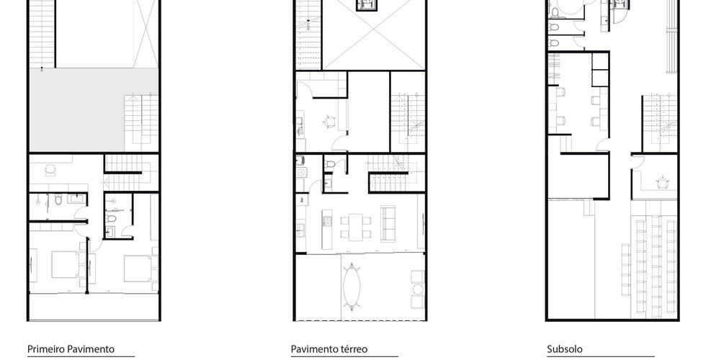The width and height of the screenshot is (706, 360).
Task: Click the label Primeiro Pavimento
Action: (x=71, y=349)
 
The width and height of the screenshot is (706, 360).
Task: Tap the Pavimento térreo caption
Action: (x=329, y=349)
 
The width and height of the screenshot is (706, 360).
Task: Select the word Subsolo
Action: (x=565, y=349)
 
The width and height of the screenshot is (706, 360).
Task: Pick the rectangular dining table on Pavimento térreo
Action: (x=356, y=226)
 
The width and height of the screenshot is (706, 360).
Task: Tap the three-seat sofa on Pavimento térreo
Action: (x=388, y=223)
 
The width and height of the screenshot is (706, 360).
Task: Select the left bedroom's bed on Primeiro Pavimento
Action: (x=68, y=265)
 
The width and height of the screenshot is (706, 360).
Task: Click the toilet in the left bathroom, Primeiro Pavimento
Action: (x=58, y=199)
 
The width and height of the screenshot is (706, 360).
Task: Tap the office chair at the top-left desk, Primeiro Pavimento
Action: (x=50, y=169)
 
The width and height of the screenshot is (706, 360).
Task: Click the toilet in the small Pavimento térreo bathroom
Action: (x=330, y=164)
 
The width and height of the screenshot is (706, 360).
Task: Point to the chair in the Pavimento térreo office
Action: (x=331, y=120)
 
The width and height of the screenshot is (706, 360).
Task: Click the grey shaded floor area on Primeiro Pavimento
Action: (x=76, y=110)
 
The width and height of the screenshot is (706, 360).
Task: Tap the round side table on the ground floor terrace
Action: (x=419, y=289)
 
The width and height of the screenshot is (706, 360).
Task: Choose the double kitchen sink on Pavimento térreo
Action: (x=300, y=230)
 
